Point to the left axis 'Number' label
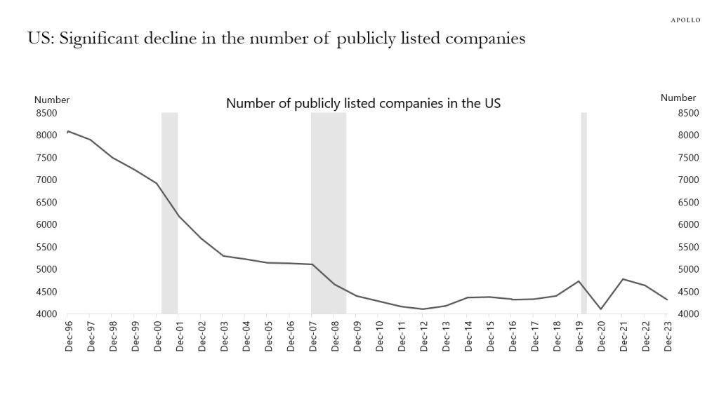click(x=52, y=100)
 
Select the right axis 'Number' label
click(x=678, y=98)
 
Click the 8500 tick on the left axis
click(x=46, y=113)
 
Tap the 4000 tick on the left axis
click(x=46, y=314)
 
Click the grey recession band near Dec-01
click(x=169, y=210)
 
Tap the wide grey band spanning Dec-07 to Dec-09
click(x=329, y=210)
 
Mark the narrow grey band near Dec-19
click(x=583, y=210)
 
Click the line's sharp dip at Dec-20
click(x=600, y=309)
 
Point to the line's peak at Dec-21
click(x=623, y=279)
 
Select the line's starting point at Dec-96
click(x=67, y=131)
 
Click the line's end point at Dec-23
click(x=667, y=299)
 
